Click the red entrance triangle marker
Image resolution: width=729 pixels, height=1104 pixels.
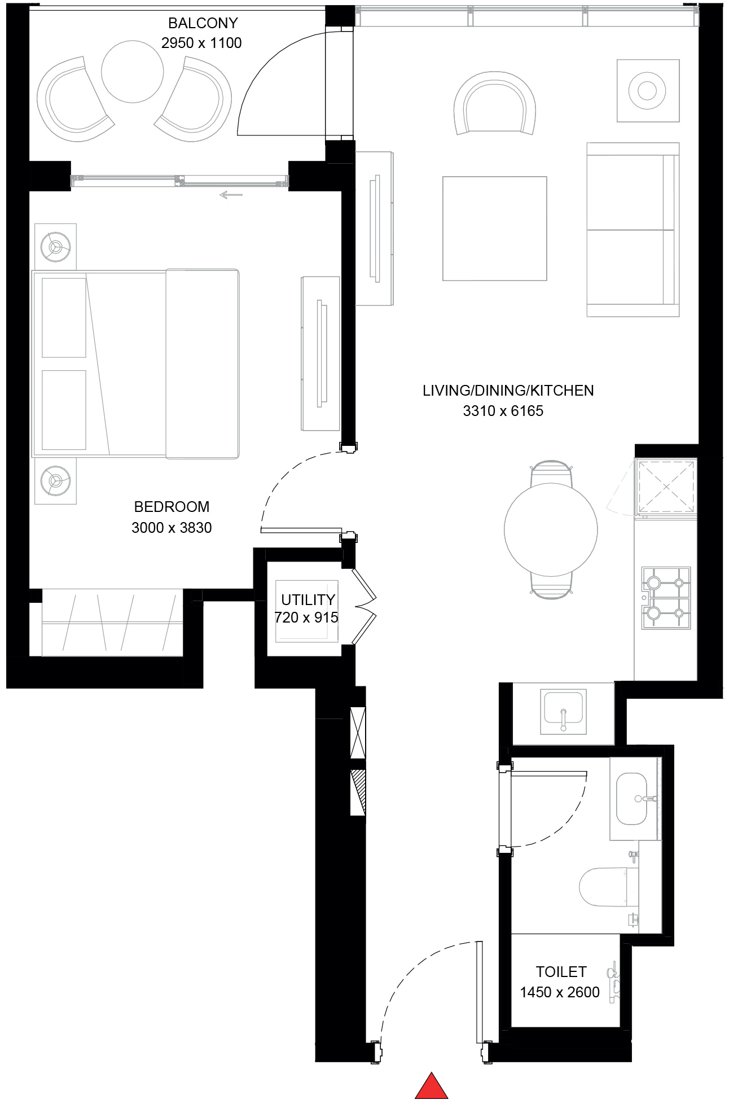pos(432,1086)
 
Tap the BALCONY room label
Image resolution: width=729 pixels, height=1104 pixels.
pos(203,23)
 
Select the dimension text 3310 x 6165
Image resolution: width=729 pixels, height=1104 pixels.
pos(503,411)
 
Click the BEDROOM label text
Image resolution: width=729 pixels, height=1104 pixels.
pos(172,506)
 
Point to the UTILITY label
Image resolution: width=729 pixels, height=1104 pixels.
pos(308,599)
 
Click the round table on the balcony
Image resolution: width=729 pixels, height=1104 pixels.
pos(133,71)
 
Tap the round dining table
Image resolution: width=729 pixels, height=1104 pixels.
pos(550,529)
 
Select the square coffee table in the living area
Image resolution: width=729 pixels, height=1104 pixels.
pos(494,228)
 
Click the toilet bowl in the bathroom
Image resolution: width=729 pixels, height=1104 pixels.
pos(604,887)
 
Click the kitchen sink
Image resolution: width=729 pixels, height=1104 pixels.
pos(563,711)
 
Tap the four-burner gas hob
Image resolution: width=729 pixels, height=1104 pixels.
pos(666,598)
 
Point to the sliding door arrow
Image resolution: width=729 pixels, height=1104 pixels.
pos(231,195)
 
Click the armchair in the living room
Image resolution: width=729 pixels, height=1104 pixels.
pos(494,104)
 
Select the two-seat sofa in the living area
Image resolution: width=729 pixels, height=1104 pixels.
pos(632,229)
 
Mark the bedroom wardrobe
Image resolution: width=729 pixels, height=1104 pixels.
pos(112,623)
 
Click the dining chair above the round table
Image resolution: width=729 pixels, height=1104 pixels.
pos(551,472)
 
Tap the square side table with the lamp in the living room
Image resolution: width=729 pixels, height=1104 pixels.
pos(647,90)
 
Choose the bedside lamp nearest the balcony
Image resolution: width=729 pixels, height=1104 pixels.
pos(55,247)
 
